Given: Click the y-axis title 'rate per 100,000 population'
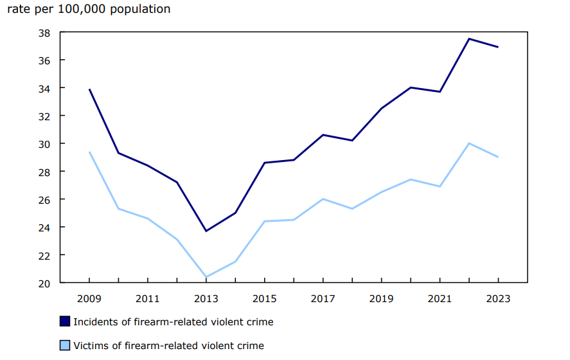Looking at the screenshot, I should pos(89,9).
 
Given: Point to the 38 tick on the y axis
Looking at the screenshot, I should pos(50,32).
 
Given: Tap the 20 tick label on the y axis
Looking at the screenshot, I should pos(50,283).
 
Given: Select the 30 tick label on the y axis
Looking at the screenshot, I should pos(50,143).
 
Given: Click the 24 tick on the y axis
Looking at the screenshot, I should pos(50,227).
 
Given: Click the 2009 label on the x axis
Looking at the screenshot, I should pos(89,298).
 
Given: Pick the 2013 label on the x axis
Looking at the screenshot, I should pos(206,298).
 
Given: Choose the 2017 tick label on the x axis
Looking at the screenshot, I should pos(323,298).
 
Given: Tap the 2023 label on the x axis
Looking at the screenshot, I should pos(498,298).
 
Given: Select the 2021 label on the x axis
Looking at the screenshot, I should pos(440,298).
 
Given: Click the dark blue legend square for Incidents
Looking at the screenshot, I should pos(65,321).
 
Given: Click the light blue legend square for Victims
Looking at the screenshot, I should pos(65,346).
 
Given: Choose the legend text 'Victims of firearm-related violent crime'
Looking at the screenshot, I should pos(168,346).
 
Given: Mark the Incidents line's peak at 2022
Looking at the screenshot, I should pos(469,39).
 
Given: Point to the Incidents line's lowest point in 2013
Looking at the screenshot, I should pos(206,231).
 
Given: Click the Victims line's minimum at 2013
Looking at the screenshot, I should pos(206,277).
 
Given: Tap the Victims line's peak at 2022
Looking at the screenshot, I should pos(469,143).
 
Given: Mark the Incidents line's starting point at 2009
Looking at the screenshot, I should pos(89,89).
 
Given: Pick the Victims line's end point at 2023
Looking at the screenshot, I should pos(498,157).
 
